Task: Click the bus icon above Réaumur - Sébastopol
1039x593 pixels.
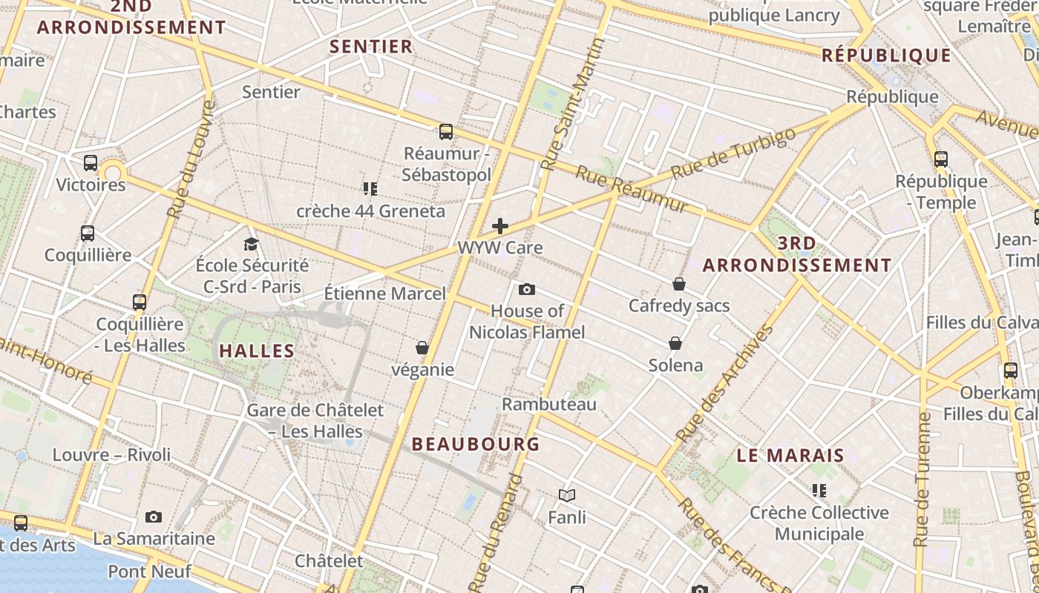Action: coord(445,132)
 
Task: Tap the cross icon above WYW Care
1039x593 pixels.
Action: coord(500,226)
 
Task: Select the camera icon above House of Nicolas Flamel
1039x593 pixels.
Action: coord(527,289)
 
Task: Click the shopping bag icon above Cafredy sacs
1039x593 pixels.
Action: coord(678,284)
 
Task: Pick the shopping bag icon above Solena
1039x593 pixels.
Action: coord(675,343)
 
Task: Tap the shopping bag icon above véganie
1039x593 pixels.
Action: coord(422,348)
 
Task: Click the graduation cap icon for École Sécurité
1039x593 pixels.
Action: coord(252,244)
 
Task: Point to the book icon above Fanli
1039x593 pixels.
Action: coord(567,495)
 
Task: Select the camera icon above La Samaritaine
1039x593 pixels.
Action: coord(154,517)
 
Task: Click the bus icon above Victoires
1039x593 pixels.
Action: coord(91,163)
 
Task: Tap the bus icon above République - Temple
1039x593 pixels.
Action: coord(941,159)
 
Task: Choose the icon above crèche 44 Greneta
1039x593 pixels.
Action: coord(370,189)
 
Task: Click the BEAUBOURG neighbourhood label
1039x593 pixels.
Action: coord(476,444)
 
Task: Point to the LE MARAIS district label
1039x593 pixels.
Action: coord(790,455)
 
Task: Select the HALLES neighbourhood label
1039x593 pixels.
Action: coord(258,351)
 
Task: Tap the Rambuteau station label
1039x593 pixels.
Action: coord(549,404)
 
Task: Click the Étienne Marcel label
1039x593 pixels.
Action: coord(385,294)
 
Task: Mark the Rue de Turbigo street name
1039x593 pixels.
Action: coord(733,152)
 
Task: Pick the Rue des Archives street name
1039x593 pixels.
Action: coord(725,383)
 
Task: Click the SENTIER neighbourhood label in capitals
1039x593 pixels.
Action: coord(371,47)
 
